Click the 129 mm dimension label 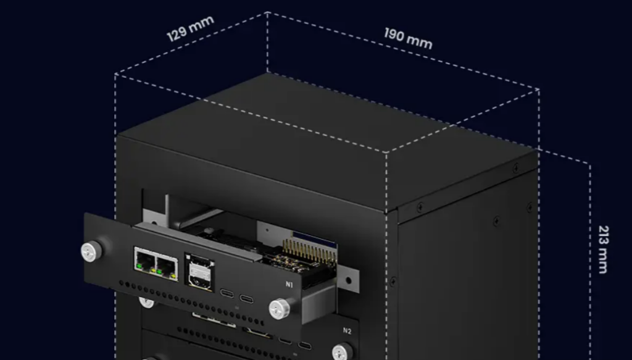(190, 28)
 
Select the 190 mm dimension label (408, 38)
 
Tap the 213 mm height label (603, 249)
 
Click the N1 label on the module (289, 285)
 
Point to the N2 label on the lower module (347, 331)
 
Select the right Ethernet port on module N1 (166, 266)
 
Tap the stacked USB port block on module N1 (199, 272)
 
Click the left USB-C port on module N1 (227, 293)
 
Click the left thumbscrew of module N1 (91, 251)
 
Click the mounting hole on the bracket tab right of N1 (348, 282)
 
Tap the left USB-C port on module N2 (285, 340)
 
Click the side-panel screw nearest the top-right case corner (516, 168)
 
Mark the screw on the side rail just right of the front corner (420, 207)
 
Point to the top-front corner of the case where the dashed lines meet (387, 152)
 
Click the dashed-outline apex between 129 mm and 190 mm (267, 12)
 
